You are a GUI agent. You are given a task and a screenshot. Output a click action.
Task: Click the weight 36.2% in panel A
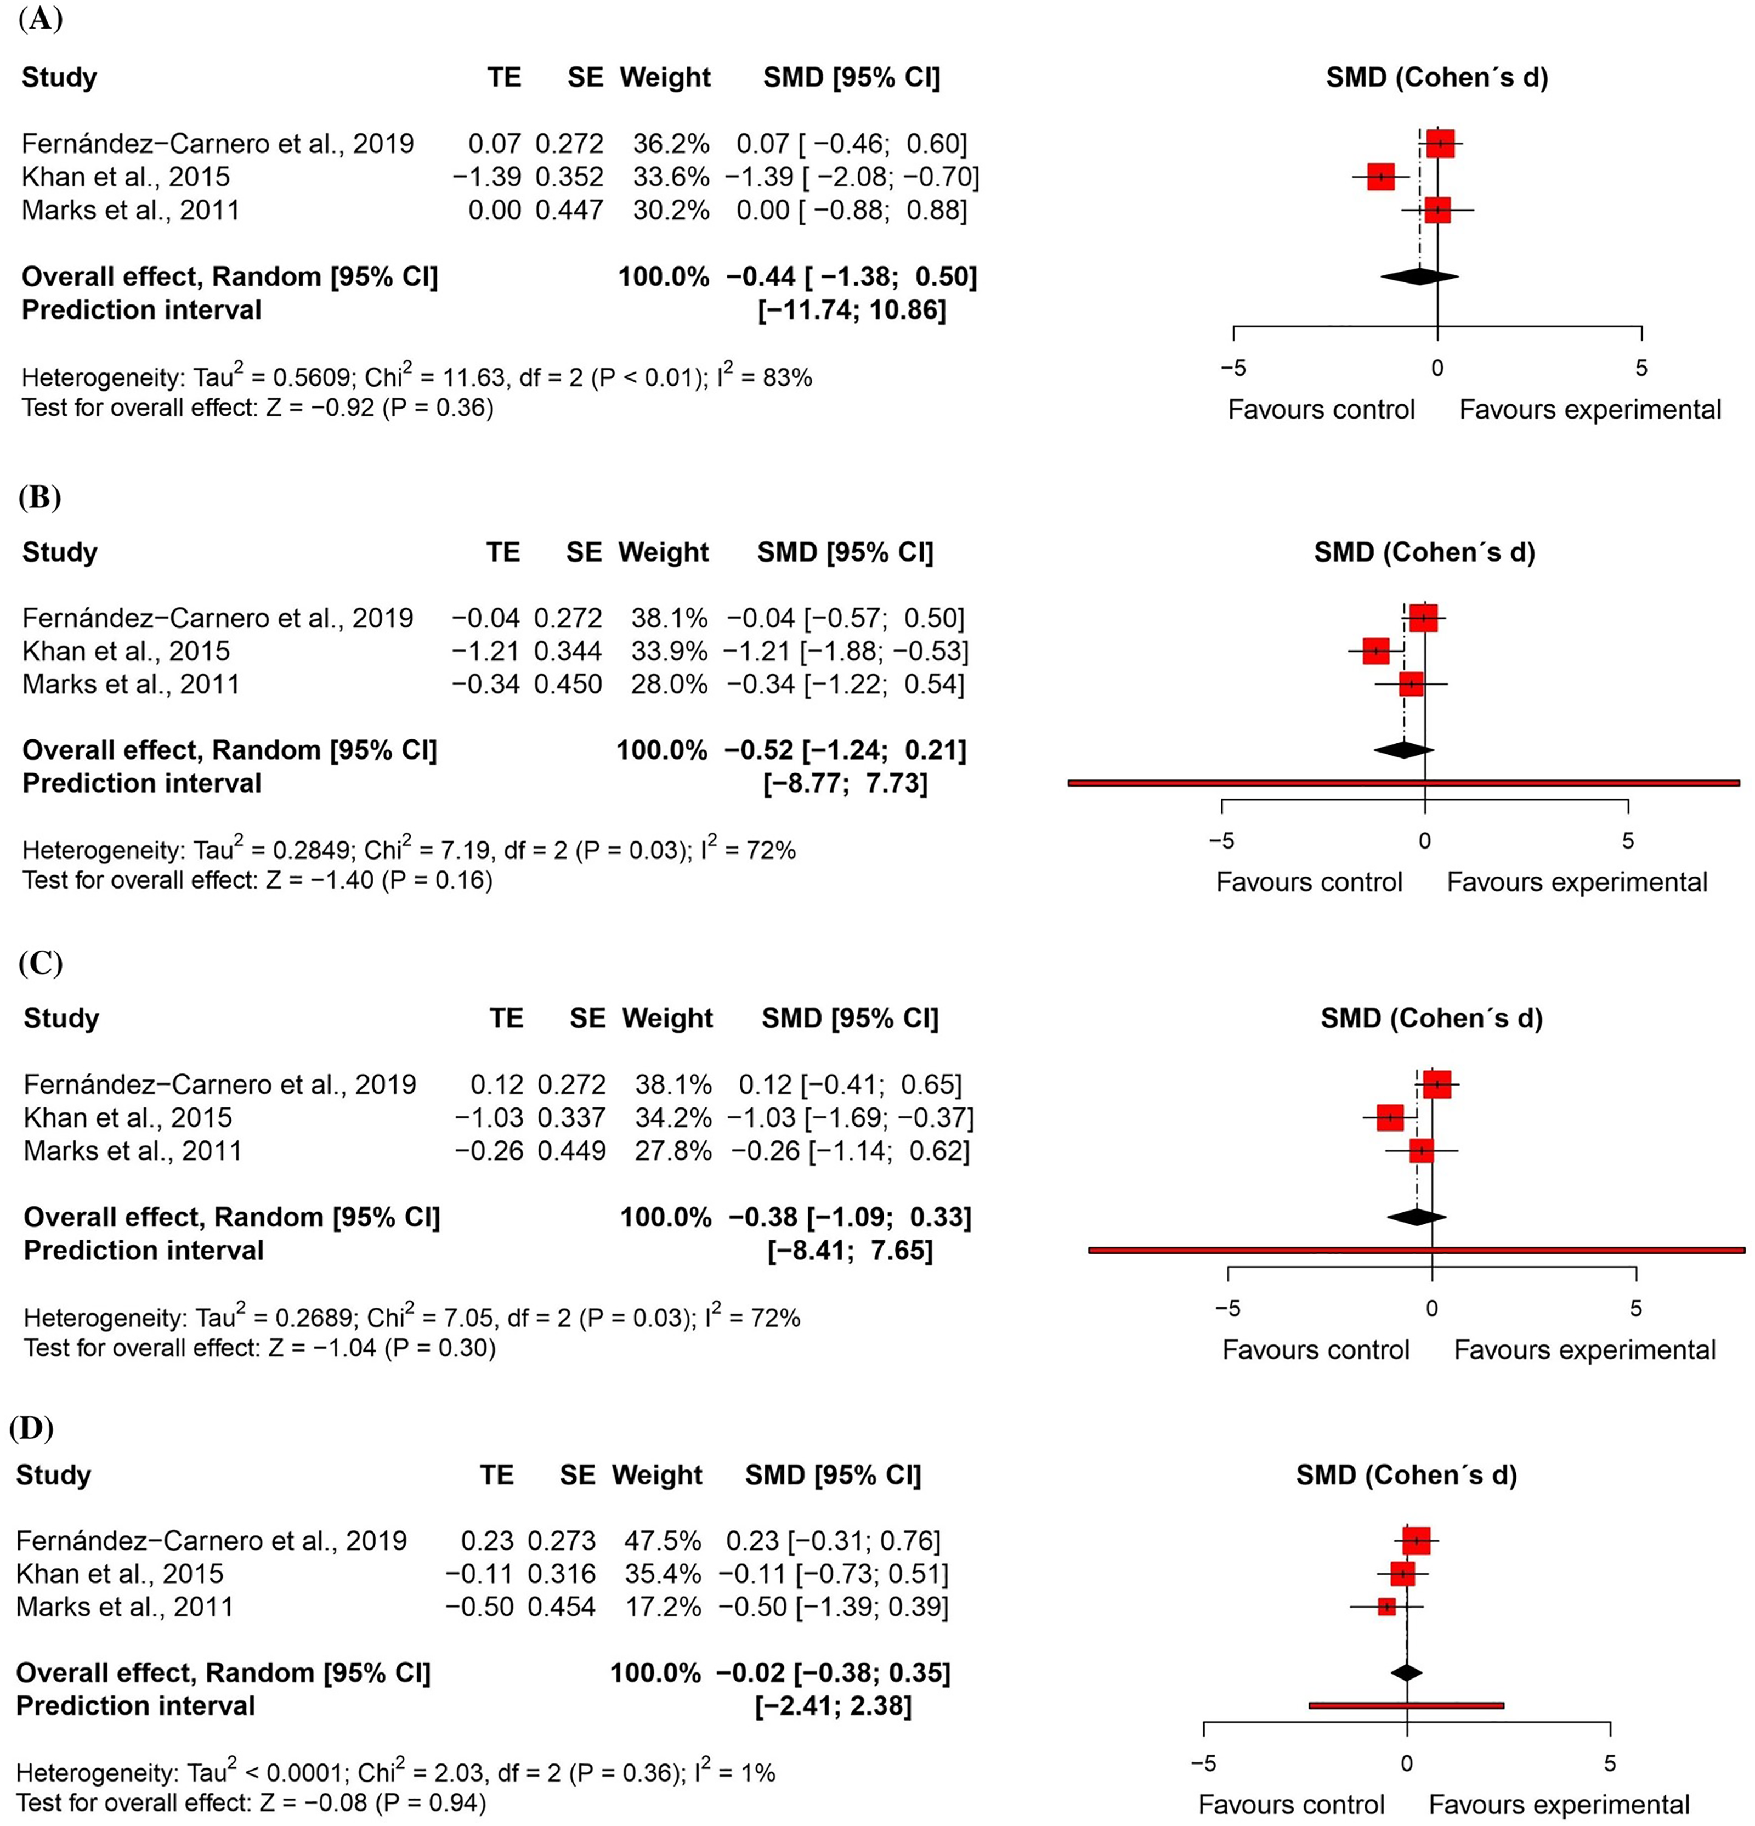coord(671,144)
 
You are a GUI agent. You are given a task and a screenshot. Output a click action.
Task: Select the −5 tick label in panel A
coord(1233,368)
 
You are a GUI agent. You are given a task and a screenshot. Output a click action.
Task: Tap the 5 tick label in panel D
coord(1610,1763)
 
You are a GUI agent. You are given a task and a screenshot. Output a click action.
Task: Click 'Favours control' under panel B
coord(1309,881)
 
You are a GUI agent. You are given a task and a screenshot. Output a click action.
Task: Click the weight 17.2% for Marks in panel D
coord(663,1606)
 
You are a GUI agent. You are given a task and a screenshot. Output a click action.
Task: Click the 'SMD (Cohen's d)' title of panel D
coord(1407,1475)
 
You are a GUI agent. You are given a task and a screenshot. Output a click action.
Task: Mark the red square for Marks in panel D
coord(1386,1606)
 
